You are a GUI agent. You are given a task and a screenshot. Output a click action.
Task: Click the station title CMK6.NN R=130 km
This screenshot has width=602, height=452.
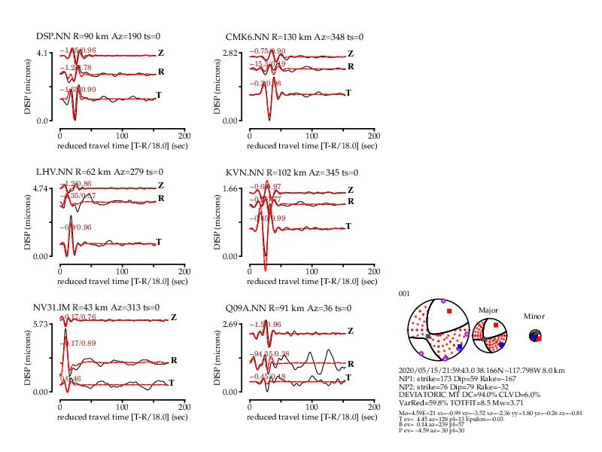275,36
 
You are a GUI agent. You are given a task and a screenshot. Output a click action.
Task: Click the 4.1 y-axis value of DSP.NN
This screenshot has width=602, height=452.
42,53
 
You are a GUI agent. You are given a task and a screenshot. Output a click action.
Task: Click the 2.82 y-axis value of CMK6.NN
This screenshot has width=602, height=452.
230,53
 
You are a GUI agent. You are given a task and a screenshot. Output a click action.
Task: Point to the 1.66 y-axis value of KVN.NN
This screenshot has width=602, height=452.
230,188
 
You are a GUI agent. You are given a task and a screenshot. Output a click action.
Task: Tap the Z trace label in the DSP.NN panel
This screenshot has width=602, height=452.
161,53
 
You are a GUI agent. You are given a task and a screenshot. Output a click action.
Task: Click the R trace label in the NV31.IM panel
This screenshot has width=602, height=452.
174,359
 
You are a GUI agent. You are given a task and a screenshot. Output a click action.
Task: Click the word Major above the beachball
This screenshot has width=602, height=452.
490,310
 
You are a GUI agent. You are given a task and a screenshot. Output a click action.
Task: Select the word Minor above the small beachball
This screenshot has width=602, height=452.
535,316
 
